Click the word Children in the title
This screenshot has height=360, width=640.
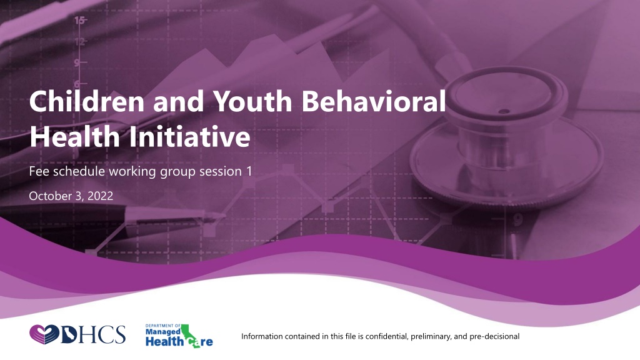[x=86, y=101]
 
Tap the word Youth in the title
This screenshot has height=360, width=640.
[x=252, y=101]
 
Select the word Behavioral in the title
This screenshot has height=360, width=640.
[x=374, y=101]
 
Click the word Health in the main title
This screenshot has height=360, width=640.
[x=75, y=136]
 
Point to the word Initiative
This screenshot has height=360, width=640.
[x=190, y=136]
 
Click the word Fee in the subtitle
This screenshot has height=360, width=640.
[x=39, y=171]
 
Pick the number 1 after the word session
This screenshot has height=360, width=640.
[x=249, y=171]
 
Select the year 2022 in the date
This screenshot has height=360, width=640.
[x=101, y=196]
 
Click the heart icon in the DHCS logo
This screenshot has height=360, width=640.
[x=44, y=335]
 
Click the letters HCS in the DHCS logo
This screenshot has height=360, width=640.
[x=104, y=335]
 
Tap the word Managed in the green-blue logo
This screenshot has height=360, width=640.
[x=163, y=332]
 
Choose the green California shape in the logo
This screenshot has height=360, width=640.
[x=189, y=335]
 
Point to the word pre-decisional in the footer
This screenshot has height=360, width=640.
[x=494, y=337]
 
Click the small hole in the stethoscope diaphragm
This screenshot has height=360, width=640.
[x=504, y=111]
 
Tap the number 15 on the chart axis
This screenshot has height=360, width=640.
[x=79, y=19]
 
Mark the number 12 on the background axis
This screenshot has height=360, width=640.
[x=79, y=41]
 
